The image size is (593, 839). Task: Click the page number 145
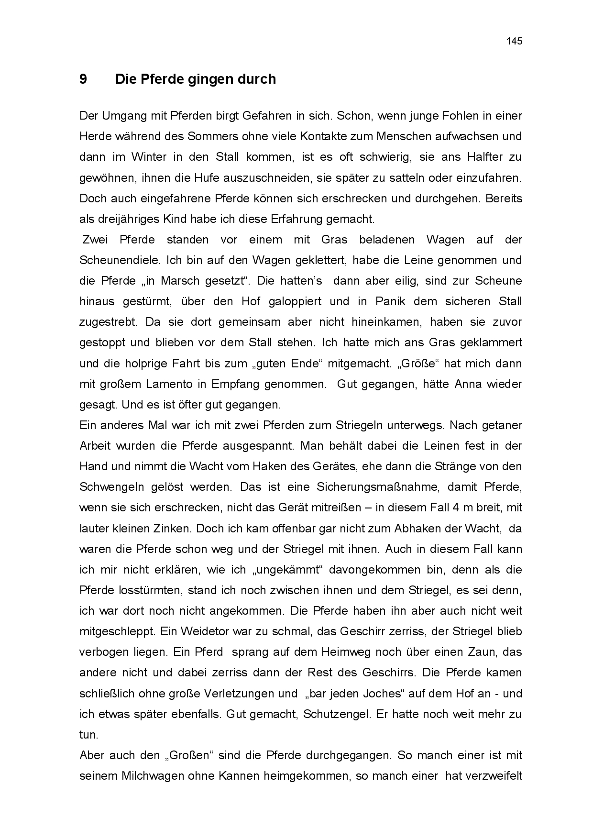[514, 41]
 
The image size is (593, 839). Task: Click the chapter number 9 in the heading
[83, 79]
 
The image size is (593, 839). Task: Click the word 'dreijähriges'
[121, 219]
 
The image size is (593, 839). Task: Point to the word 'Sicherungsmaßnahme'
[377, 487]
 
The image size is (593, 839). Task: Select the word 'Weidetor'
[204, 631]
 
